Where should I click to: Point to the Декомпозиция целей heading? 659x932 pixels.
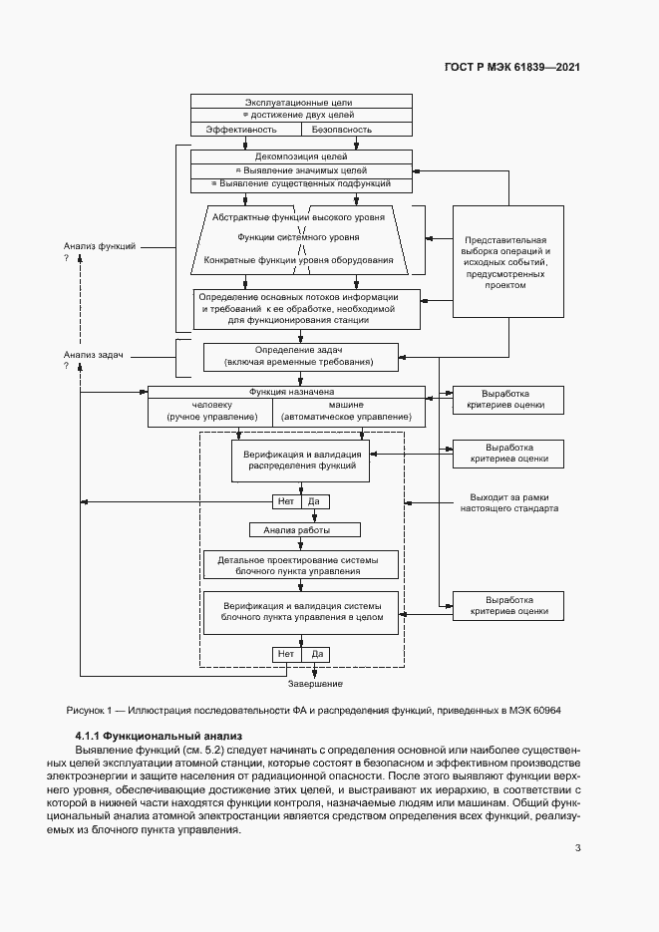300,156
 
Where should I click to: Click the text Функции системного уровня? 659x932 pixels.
299,237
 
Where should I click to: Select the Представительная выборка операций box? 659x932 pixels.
505,262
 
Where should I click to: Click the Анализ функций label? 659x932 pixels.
100,245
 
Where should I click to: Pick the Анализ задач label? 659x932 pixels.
94,354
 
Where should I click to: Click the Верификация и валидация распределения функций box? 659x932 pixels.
300,460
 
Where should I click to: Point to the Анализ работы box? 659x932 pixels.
304,530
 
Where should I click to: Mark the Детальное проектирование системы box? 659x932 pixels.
300,565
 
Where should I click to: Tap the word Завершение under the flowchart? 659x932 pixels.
316,684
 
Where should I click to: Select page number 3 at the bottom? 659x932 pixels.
577,848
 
